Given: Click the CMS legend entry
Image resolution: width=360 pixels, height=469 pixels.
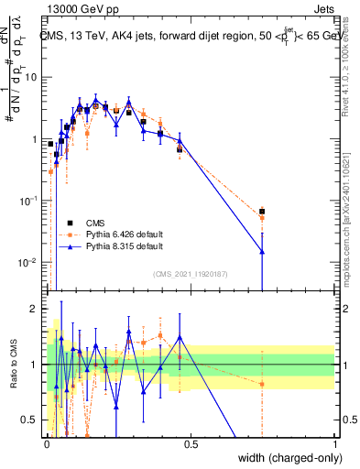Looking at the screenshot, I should click(x=94, y=223).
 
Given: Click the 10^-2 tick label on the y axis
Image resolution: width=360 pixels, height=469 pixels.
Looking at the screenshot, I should click(x=27, y=262).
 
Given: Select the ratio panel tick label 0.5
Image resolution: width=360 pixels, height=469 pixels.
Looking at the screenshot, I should click(x=31, y=420).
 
